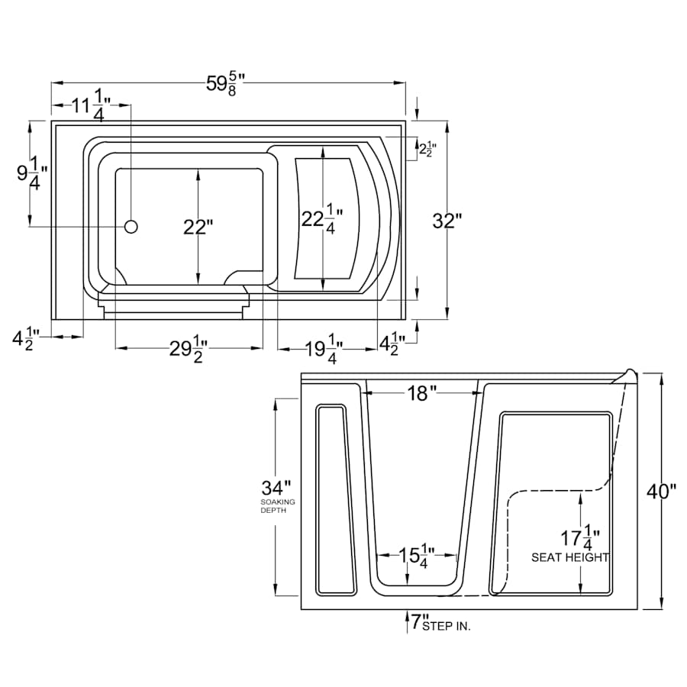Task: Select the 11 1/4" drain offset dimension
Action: pos(91,105)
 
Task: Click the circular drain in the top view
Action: pos(131,227)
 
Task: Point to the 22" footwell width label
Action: pos(198,227)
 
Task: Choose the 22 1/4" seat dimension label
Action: pos(322,218)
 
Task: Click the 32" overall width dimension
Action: pos(447,221)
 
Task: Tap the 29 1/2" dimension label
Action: pos(189,349)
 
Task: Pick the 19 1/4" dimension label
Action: pos(324,349)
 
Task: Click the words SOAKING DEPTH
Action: pos(278,506)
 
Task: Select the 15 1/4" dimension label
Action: pos(417,556)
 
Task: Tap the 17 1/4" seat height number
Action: pos(581,537)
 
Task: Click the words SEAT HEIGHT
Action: pos(570,557)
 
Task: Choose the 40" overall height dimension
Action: pos(662,492)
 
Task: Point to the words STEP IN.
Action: pos(447,626)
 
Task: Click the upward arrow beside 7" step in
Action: pos(407,621)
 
